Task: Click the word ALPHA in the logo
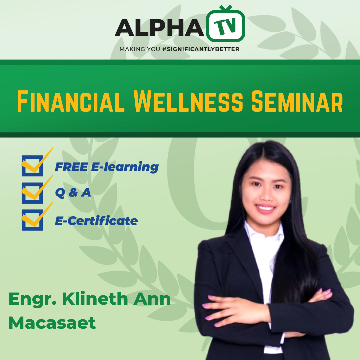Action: (159, 27)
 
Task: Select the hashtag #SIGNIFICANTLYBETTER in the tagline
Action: (201, 49)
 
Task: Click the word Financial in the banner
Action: (71, 101)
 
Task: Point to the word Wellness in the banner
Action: (188, 101)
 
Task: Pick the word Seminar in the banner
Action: (297, 101)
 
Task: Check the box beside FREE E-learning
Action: (32, 166)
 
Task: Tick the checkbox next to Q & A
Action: (32, 193)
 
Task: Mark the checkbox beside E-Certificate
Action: (32, 220)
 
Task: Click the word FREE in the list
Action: (71, 167)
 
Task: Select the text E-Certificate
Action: (96, 221)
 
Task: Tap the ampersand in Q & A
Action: (73, 193)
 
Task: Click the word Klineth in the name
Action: (95, 299)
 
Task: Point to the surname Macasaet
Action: (52, 323)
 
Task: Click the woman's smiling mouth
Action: (265, 208)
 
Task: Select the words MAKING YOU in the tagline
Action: (140, 49)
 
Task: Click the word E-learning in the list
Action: (125, 167)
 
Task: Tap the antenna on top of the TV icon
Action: (225, 8)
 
